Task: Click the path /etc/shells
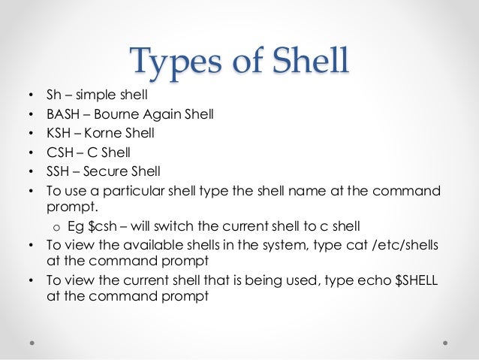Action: tap(405, 244)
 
